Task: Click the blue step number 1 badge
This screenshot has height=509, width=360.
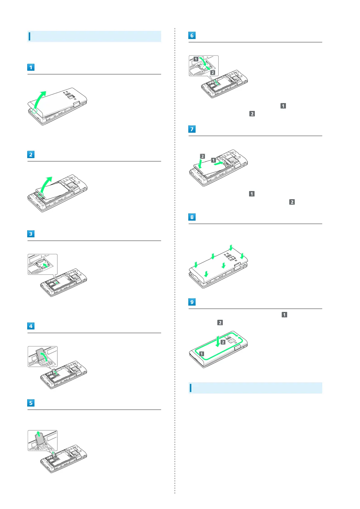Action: coord(31,67)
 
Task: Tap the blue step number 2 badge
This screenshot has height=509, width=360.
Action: coord(31,154)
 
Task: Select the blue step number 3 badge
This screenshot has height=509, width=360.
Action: coord(31,234)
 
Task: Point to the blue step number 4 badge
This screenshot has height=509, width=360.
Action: coord(31,326)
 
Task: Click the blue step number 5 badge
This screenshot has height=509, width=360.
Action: coord(31,403)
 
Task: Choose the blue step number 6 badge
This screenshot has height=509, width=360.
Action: coord(192,35)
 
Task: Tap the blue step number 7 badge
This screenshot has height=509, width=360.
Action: coord(192,129)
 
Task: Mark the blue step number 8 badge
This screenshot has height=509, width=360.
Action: coord(192,217)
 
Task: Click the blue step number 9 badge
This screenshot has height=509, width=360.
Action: coord(192,302)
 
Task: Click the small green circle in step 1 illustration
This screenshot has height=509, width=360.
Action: coord(34,111)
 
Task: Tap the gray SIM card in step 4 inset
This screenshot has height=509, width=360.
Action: coord(40,354)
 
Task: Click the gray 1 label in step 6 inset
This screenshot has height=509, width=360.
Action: coord(196,59)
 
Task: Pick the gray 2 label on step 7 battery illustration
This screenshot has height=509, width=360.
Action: coord(203,156)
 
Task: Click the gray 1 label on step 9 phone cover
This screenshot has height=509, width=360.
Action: coord(202,354)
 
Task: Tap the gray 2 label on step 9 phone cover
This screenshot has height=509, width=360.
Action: coord(223,342)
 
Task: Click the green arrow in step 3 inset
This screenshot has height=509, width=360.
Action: coord(45,265)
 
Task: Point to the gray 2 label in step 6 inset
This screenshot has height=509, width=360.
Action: coord(213,73)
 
